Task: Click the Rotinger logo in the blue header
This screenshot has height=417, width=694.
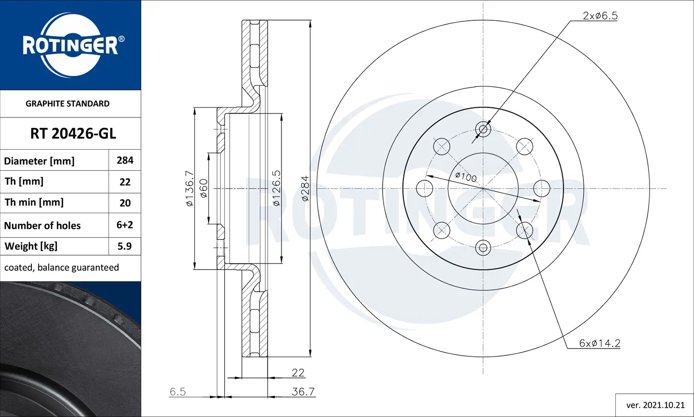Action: tap(70, 45)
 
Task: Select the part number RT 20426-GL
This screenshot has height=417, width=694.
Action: tap(73, 134)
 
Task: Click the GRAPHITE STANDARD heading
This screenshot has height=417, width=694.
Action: tap(68, 104)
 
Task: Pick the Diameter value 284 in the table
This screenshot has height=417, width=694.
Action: tap(125, 160)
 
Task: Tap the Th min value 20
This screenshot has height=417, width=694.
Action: tap(125, 203)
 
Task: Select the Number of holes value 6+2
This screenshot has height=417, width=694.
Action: tap(125, 225)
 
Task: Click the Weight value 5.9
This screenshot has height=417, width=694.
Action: tap(124, 246)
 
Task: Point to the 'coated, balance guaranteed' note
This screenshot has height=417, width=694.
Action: tap(62, 268)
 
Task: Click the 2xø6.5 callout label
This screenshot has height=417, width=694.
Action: tap(600, 16)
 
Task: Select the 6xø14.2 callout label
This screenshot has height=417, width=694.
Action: tap(600, 343)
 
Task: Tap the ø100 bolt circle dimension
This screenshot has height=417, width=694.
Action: tap(466, 177)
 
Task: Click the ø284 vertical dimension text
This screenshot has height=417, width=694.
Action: tap(305, 188)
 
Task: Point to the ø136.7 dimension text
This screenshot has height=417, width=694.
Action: tap(189, 188)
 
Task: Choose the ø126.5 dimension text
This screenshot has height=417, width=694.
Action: tap(276, 188)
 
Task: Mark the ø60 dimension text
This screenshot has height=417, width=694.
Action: tap(204, 188)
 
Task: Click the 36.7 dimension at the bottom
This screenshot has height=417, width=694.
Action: tap(303, 392)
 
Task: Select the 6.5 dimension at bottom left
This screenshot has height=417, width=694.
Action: tap(178, 392)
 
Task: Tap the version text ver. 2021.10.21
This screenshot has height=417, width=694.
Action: tap(655, 405)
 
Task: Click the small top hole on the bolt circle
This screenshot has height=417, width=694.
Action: tap(483, 129)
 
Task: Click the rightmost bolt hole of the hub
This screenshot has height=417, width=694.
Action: tap(542, 189)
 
